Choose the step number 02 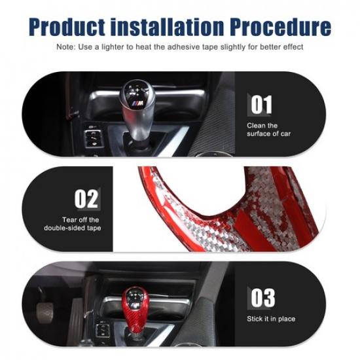pyautogui.click(x=86, y=199)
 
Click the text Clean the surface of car pyautogui.click(x=268, y=130)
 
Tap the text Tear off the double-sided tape pyautogui.click(x=72, y=224)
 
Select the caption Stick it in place pyautogui.click(x=271, y=319)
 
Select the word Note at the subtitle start pyautogui.click(x=65, y=47)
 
